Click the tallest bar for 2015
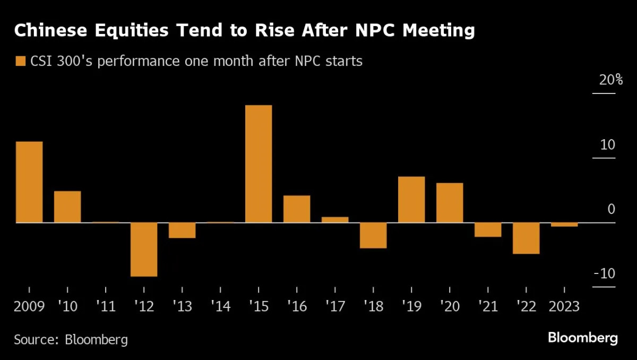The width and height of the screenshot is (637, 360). pyautogui.click(x=259, y=164)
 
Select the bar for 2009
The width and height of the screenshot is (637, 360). pyautogui.click(x=29, y=182)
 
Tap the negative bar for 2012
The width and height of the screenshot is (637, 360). pyautogui.click(x=144, y=249)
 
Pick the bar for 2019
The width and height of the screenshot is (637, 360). pyautogui.click(x=411, y=199)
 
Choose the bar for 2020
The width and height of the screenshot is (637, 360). pyautogui.click(x=450, y=202)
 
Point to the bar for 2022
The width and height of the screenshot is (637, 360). pyautogui.click(x=526, y=238)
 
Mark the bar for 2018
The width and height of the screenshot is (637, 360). pyautogui.click(x=373, y=235)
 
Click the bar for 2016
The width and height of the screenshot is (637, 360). pyautogui.click(x=297, y=209)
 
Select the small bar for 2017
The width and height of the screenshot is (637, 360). pyautogui.click(x=335, y=219)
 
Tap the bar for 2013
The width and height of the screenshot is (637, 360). pyautogui.click(x=182, y=230)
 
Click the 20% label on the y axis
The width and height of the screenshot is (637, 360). pyautogui.click(x=604, y=81)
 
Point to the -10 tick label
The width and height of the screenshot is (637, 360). pyautogui.click(x=604, y=274)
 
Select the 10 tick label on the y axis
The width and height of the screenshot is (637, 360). pyautogui.click(x=607, y=145)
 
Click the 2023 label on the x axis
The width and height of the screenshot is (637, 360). pyautogui.click(x=564, y=306)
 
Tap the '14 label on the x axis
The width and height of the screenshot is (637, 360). pyautogui.click(x=220, y=306)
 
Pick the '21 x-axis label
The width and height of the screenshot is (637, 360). pyautogui.click(x=487, y=306)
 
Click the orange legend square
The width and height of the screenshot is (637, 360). pyautogui.click(x=21, y=61)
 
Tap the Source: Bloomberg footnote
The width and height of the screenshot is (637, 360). pyautogui.click(x=71, y=339)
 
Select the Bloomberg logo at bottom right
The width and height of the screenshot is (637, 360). pyautogui.click(x=583, y=338)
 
